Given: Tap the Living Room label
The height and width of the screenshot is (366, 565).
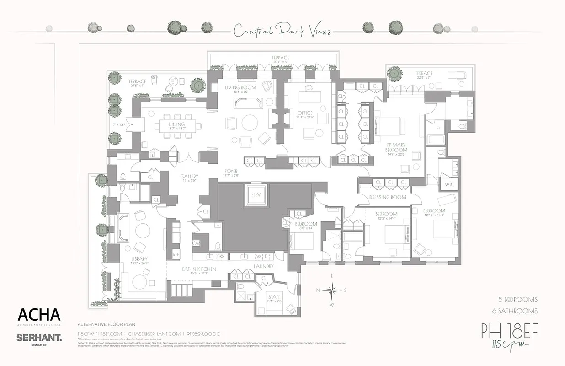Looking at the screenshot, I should point(240,87).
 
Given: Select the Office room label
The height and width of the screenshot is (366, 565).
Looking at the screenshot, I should point(305,113).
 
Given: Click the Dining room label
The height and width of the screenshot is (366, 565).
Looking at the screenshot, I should point(176,124).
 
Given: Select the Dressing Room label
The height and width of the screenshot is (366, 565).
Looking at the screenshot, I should point(388,197).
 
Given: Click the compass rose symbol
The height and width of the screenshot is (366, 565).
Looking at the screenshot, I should point(332,290).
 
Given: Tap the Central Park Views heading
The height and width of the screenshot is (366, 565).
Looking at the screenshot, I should point(282,32).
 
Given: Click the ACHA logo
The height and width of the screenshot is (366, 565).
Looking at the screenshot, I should point(39,315).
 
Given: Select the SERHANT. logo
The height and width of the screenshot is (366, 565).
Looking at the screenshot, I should point(39,338).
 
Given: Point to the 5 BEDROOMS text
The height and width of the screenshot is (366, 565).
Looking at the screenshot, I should point(518,300).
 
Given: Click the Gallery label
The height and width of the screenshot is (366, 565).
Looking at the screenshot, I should point(189,176).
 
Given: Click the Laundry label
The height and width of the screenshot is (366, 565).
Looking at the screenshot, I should point(263,266).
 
